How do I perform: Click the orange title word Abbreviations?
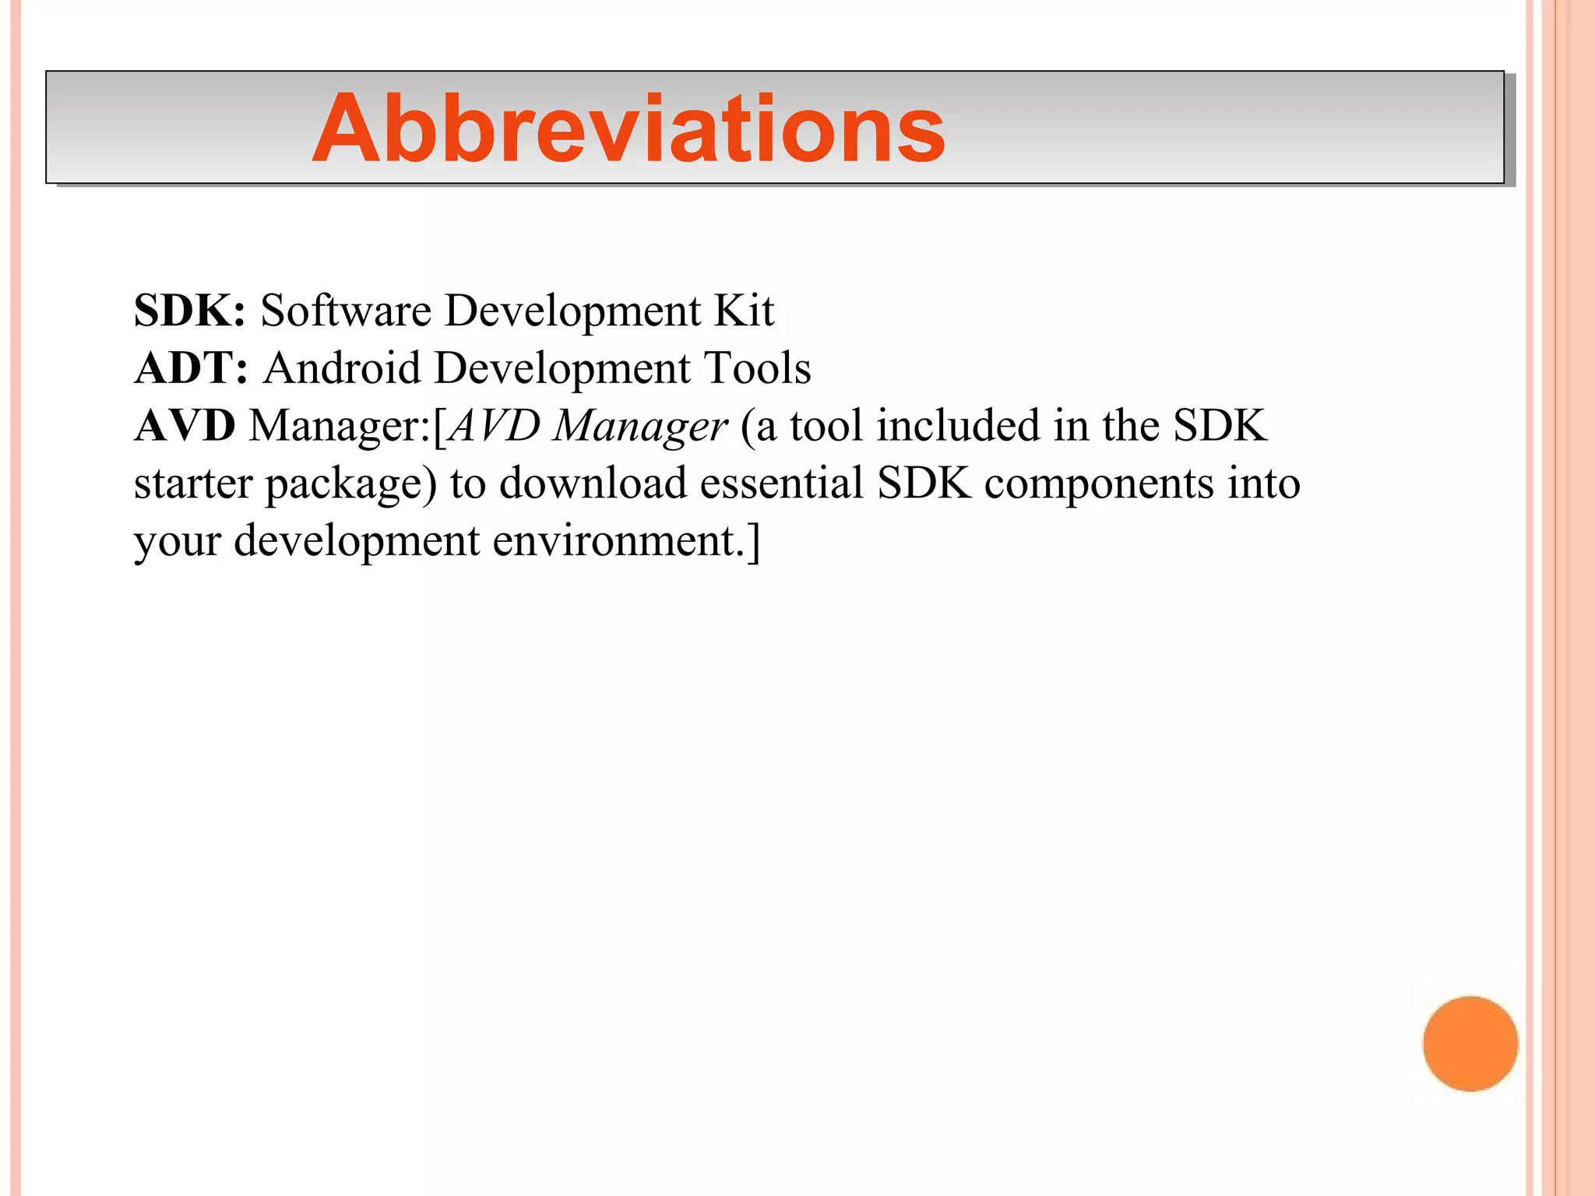(x=628, y=128)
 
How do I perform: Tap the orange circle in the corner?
(x=1470, y=1043)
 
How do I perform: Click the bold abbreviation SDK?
(x=190, y=311)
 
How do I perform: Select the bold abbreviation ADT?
(x=192, y=368)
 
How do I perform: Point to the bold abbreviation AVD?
(x=185, y=426)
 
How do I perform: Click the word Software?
(x=345, y=311)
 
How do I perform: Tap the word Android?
(x=342, y=368)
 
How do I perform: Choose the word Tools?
(x=757, y=368)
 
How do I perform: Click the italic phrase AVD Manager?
(x=588, y=426)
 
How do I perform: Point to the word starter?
(x=193, y=484)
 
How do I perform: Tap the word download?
(x=593, y=484)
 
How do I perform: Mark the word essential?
(x=782, y=484)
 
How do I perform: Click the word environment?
(x=618, y=540)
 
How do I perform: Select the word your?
(x=178, y=542)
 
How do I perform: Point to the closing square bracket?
(x=753, y=540)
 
